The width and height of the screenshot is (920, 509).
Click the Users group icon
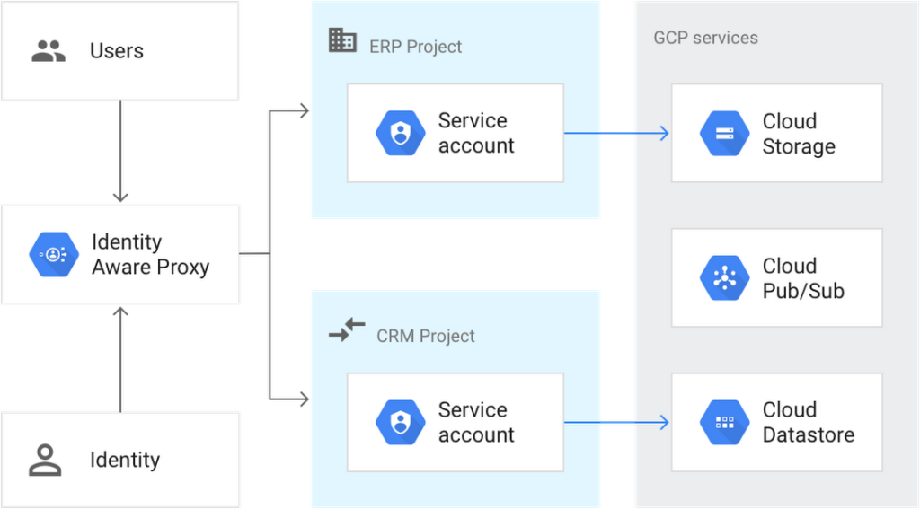[x=48, y=51]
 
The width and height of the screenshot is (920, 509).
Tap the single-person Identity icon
[x=44, y=460]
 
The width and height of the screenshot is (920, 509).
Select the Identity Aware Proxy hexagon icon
[x=54, y=255]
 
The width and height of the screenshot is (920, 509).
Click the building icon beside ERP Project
[x=342, y=40]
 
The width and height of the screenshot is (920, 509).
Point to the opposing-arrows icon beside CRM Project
[x=347, y=330]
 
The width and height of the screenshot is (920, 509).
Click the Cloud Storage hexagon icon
[x=724, y=134]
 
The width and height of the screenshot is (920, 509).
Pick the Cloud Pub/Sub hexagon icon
[x=724, y=277]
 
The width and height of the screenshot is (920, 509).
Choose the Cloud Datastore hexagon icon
[x=724, y=422]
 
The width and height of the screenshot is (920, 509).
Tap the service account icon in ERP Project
[x=400, y=134]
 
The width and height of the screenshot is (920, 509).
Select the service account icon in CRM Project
[x=400, y=422]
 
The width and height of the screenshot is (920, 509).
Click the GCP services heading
[x=705, y=39]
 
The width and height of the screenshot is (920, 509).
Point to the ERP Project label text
[x=415, y=47]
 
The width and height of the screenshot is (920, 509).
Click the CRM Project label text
[x=425, y=337]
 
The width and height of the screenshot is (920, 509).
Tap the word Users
[x=117, y=51]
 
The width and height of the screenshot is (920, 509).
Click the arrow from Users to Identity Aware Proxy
[x=121, y=153]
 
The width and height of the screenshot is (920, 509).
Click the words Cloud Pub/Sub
[x=802, y=278]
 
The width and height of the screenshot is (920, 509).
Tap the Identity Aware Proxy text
[x=150, y=255]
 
